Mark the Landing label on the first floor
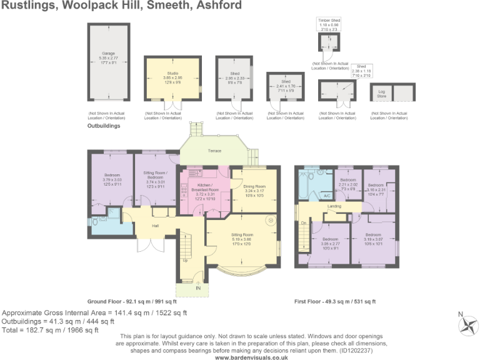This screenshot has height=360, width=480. tap(334, 205)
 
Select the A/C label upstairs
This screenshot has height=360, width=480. tap(326, 196)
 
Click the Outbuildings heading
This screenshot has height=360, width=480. tap(103, 126)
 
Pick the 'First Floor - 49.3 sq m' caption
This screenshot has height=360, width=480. tap(335, 301)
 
